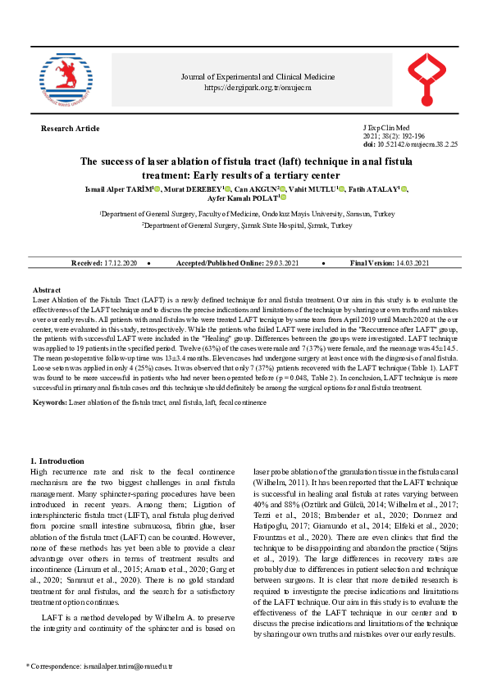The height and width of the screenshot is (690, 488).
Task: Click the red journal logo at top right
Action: point(428,79)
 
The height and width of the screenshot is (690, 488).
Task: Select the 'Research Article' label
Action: point(70,129)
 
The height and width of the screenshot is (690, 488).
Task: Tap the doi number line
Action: point(409,143)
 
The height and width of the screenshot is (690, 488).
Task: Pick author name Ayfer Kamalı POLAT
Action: point(243,197)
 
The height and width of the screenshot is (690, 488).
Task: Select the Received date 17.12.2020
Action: point(121,262)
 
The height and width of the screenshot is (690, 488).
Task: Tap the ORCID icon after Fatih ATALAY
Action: point(405,188)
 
